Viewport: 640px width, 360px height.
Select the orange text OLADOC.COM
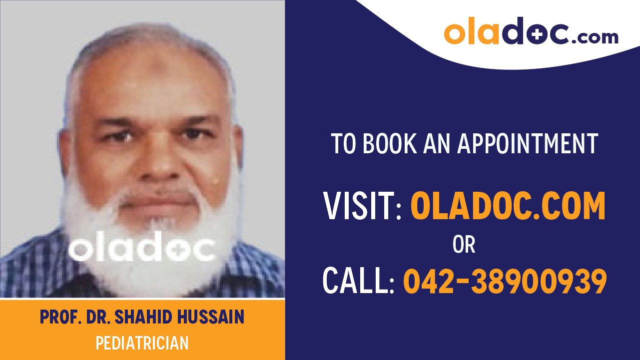pos(508,206)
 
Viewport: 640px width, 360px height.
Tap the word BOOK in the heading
pos(389,144)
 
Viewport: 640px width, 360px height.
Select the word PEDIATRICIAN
pos(142,344)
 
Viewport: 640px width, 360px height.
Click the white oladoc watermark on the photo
pos(142,249)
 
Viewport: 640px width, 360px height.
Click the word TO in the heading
pos(343,144)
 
